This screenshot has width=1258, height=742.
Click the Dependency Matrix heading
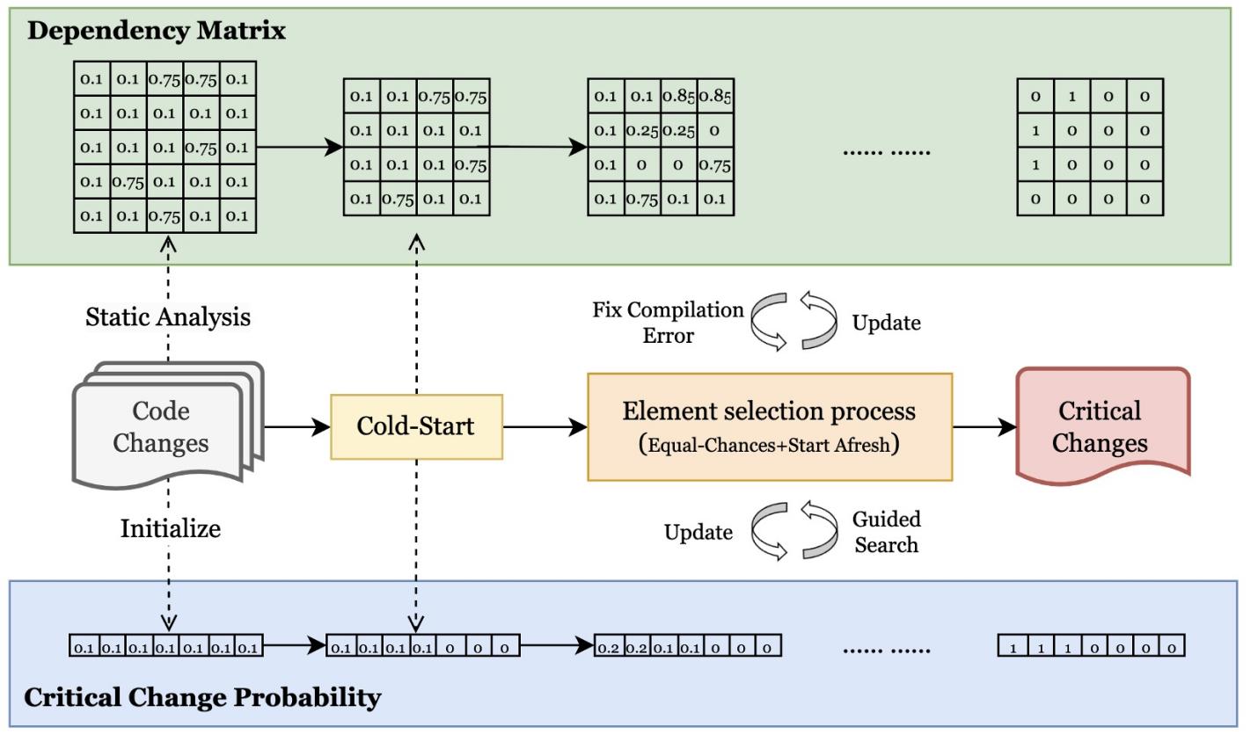click(157, 31)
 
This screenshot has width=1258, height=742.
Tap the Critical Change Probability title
click(202, 698)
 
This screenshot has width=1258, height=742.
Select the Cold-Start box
click(416, 427)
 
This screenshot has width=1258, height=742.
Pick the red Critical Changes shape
click(1101, 427)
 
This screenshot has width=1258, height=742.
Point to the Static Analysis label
click(168, 316)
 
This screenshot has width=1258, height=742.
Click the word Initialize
click(171, 528)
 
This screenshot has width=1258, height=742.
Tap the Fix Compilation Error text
click(668, 323)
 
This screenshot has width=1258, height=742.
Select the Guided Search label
click(887, 532)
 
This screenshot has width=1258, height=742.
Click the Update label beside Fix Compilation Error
click(886, 323)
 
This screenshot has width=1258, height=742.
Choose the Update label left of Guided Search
click(698, 532)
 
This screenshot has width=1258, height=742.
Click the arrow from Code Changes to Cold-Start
click(297, 428)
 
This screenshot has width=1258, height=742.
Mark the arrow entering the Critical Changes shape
click(984, 428)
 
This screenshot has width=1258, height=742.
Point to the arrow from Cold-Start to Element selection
click(545, 428)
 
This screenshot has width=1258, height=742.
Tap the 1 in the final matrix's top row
click(1072, 97)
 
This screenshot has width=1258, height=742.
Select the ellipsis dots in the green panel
click(886, 150)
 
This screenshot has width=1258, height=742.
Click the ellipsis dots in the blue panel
click(886, 650)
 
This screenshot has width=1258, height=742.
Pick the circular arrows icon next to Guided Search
click(794, 531)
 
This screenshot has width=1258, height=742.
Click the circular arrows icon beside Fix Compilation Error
click(794, 322)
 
